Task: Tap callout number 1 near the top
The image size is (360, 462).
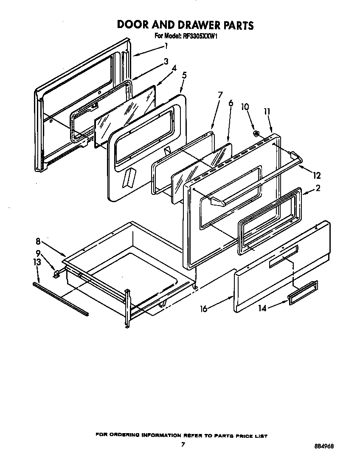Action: point(166,45)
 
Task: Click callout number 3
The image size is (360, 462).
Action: point(166,61)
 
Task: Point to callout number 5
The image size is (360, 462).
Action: point(184,76)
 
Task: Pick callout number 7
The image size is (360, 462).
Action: point(220,95)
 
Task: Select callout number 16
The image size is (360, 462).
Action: point(204,309)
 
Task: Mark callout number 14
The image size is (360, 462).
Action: point(262,308)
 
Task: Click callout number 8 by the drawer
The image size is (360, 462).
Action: point(38,242)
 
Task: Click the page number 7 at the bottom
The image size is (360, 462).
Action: point(183,445)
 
